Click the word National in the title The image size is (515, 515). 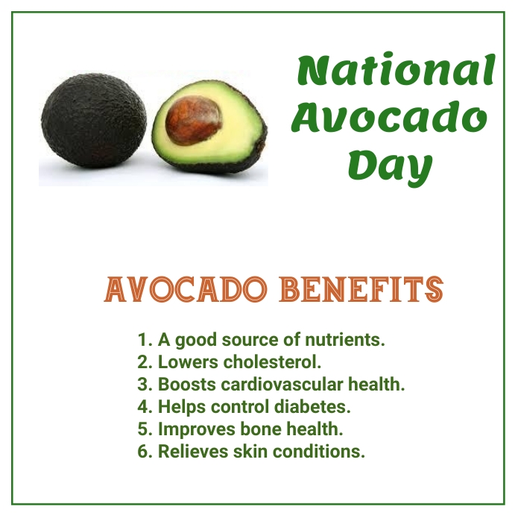coord(395,71)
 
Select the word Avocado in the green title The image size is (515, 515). coord(389,118)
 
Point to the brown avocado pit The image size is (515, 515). coord(194,121)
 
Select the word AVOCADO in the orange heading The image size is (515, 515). coord(183,289)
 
